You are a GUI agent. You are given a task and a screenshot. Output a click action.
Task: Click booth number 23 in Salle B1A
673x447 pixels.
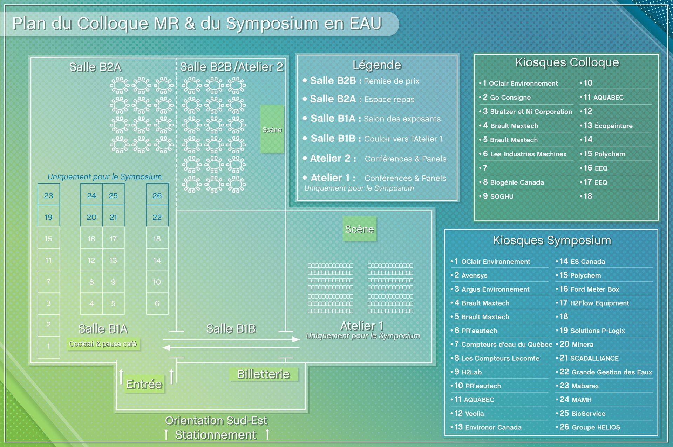click(49, 195)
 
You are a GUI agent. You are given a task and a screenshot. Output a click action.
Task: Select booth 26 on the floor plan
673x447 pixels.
click(157, 195)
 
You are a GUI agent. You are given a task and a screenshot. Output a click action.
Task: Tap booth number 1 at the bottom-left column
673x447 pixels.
click(49, 346)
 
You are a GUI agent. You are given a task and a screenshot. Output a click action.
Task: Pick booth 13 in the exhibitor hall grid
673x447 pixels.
click(113, 260)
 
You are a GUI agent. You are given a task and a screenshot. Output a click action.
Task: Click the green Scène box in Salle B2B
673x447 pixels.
click(272, 129)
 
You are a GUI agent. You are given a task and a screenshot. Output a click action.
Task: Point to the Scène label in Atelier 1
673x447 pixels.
click(360, 229)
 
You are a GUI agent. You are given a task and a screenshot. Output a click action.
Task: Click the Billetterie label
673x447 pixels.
click(264, 374)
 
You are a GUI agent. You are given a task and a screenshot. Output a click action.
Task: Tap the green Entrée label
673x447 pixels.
click(144, 385)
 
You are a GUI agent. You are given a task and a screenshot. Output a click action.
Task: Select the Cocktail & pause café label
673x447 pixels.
click(103, 344)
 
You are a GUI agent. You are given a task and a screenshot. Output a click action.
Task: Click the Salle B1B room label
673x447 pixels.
click(231, 329)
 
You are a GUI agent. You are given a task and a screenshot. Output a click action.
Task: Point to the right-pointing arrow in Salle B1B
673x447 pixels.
click(231, 339)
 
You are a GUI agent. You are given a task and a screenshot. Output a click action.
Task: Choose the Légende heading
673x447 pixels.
click(377, 65)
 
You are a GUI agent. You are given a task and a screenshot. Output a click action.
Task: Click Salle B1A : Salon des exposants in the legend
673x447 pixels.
click(375, 119)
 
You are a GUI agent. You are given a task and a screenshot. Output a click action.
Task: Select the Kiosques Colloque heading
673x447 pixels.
click(567, 62)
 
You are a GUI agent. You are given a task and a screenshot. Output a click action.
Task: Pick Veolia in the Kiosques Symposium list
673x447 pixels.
click(474, 414)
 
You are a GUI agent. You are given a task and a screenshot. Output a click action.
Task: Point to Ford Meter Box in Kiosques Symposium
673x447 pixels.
click(594, 289)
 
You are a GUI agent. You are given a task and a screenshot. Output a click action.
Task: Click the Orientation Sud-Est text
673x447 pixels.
click(216, 420)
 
